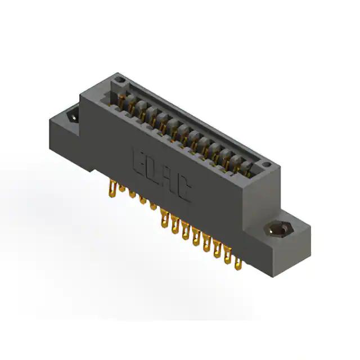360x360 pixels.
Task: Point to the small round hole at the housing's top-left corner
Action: (119, 80)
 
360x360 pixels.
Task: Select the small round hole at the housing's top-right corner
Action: (266, 164)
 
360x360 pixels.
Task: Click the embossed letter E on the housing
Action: (139, 163)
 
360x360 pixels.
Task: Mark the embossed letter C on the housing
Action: (184, 190)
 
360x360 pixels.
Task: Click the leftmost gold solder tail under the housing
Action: (112, 188)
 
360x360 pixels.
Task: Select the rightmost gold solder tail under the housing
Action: (238, 264)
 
